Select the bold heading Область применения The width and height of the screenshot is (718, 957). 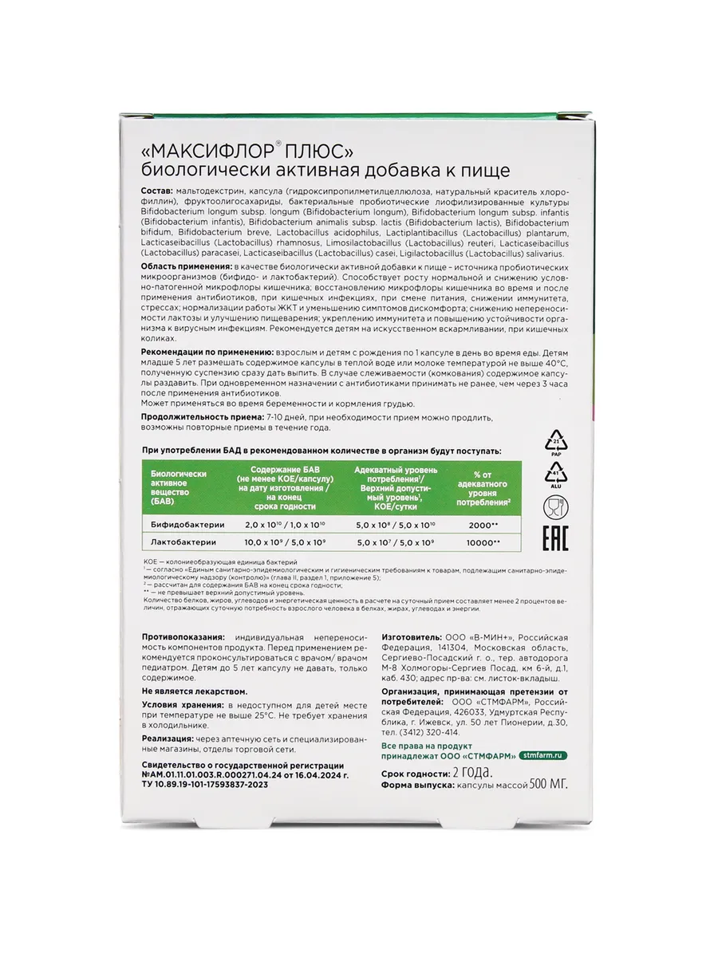[x=186, y=265]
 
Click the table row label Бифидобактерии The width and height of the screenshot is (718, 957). [x=187, y=524]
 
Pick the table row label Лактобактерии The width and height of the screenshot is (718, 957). [x=184, y=542]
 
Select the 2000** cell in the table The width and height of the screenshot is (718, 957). [x=483, y=524]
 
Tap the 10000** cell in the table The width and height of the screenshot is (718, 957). [x=483, y=542]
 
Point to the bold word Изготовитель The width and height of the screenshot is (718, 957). [x=411, y=638]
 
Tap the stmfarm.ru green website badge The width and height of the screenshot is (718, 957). [x=546, y=754]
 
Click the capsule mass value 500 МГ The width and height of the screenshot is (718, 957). [x=546, y=785]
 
